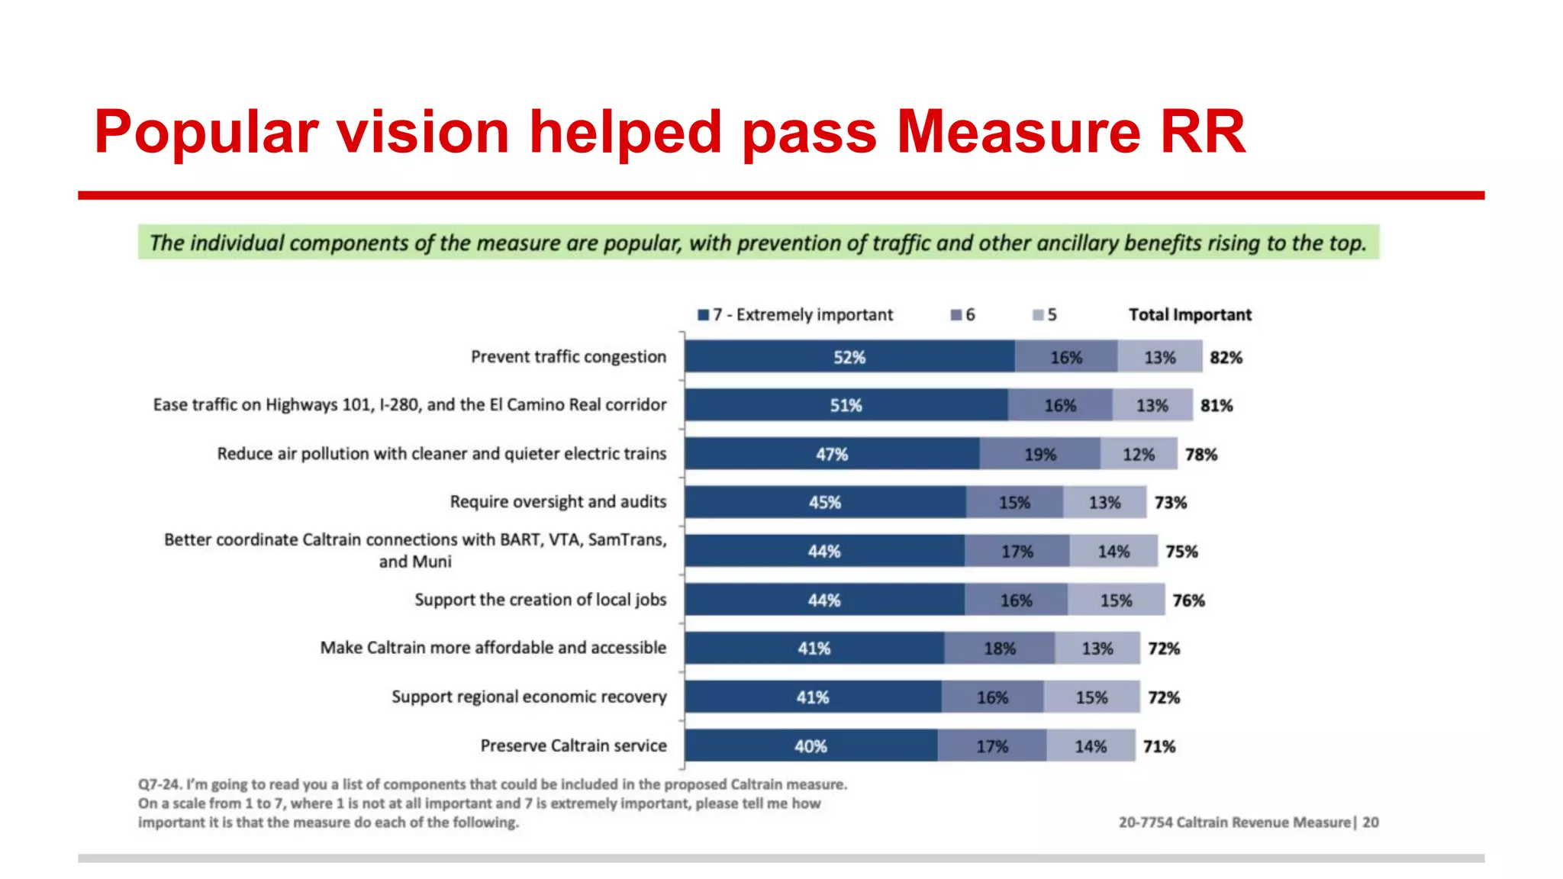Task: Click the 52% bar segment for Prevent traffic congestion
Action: point(849,357)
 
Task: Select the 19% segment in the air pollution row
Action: point(1039,454)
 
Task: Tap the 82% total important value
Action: point(1226,357)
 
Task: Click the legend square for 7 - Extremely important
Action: point(704,315)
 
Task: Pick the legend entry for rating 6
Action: point(963,315)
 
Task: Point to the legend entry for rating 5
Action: point(1045,315)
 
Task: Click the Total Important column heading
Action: point(1190,315)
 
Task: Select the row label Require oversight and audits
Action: point(558,501)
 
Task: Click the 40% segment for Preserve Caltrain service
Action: point(811,746)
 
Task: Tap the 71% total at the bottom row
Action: point(1159,746)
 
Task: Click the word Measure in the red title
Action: point(1018,132)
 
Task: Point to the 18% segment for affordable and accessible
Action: point(999,649)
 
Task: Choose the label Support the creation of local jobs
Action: point(540,600)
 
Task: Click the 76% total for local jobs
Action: point(1188,600)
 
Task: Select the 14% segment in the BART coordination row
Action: point(1113,551)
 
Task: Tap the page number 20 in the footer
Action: point(1371,823)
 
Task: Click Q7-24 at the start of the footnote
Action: point(160,784)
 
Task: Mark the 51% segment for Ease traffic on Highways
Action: point(846,405)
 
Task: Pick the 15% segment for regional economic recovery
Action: point(1091,697)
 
